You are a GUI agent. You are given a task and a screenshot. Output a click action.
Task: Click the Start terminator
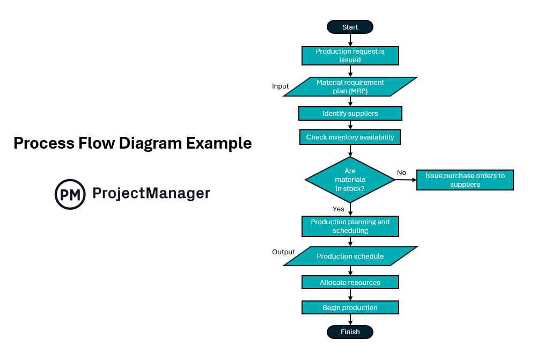click(350, 27)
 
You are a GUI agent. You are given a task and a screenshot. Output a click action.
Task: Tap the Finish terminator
click(350, 332)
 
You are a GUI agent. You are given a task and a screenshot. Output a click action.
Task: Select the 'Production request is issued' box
click(350, 56)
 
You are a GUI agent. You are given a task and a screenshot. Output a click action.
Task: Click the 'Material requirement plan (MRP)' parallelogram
click(350, 86)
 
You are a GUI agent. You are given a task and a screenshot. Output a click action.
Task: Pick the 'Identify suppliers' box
click(350, 113)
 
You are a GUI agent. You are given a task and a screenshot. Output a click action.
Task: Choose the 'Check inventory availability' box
click(350, 137)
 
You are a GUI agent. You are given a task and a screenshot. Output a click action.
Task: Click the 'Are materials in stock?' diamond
click(350, 179)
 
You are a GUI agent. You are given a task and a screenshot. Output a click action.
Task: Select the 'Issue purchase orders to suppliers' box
click(465, 180)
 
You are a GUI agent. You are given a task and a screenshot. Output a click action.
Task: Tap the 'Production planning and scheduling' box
click(350, 226)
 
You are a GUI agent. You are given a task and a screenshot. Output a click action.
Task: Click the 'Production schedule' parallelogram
click(350, 256)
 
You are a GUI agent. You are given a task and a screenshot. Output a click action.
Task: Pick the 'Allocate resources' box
click(350, 282)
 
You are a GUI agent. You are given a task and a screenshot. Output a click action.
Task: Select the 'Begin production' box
click(350, 307)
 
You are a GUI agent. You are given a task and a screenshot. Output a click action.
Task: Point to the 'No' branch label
click(401, 172)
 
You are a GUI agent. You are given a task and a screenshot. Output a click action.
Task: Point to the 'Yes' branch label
click(338, 209)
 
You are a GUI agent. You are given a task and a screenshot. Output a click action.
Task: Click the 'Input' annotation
click(280, 86)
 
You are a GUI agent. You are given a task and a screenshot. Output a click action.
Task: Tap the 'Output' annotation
click(283, 252)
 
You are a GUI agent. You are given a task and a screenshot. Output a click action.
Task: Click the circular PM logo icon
click(70, 194)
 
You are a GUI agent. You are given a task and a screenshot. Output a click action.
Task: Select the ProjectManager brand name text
click(151, 193)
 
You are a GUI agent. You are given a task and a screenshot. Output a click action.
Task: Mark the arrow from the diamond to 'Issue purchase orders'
click(406, 180)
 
